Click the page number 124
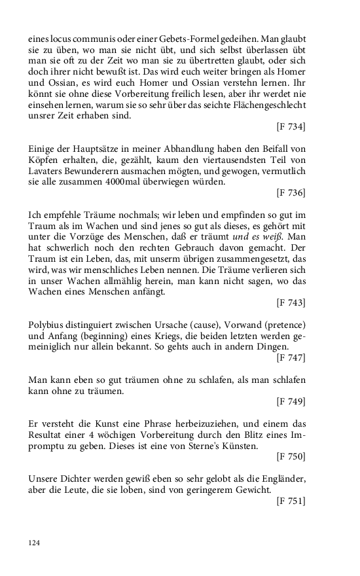pyautogui.click(x=34, y=542)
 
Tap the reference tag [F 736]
pyautogui.click(x=291, y=192)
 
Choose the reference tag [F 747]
pyautogui.click(x=291, y=357)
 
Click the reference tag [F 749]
pyautogui.click(x=291, y=401)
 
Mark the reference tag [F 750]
pyautogui.click(x=291, y=456)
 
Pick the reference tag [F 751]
pyautogui.click(x=291, y=500)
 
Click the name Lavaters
pyautogui.click(x=46, y=170)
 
